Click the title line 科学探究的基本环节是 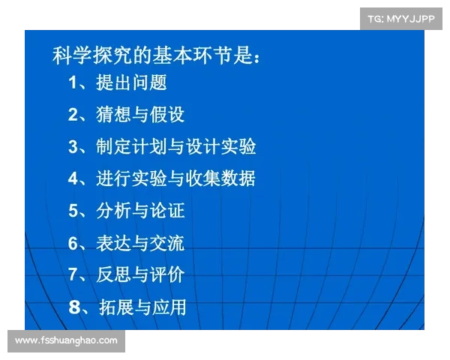(x=157, y=55)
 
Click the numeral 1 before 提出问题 (x=73, y=82)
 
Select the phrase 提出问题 (x=131, y=82)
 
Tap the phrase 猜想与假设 (x=140, y=115)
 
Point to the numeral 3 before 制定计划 (x=73, y=147)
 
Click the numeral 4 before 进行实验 (x=73, y=179)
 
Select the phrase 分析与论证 (x=140, y=211)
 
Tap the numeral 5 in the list (x=73, y=211)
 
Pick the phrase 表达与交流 (x=140, y=243)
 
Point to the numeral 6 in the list (x=73, y=243)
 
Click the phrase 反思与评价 (x=140, y=274)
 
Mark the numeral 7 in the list (x=73, y=274)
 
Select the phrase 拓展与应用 (x=142, y=307)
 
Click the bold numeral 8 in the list (x=73, y=307)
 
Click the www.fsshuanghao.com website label (x=66, y=341)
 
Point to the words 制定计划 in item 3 (x=131, y=147)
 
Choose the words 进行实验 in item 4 (x=131, y=179)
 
